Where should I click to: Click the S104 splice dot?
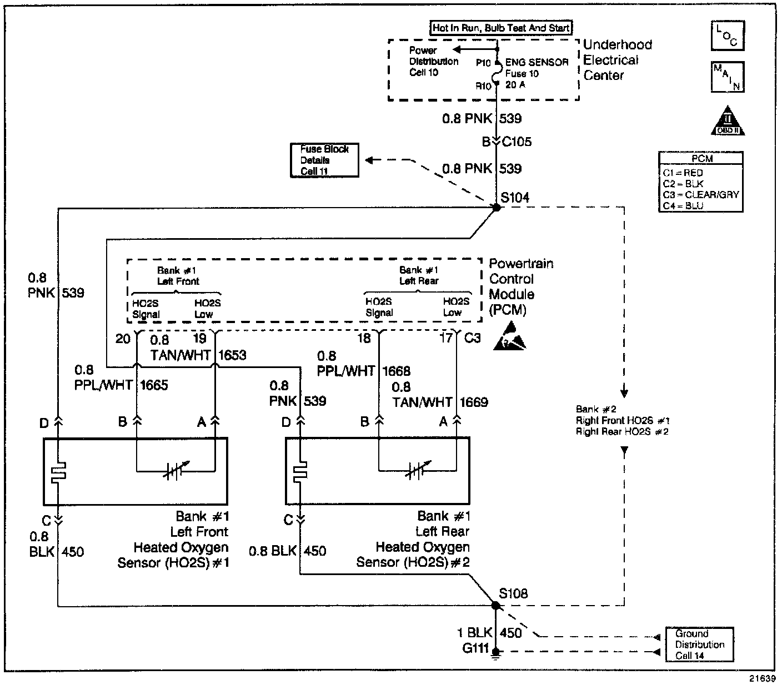(x=497, y=208)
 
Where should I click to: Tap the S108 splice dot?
(x=496, y=606)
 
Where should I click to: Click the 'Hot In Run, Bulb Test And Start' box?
(x=501, y=28)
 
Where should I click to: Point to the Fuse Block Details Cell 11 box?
(x=324, y=160)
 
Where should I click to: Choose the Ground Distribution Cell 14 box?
(x=700, y=644)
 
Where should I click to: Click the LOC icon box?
(x=728, y=36)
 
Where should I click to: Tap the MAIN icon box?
(x=728, y=77)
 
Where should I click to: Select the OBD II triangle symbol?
(x=728, y=120)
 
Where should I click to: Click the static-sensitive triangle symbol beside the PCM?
(x=509, y=336)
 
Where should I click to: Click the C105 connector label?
(x=517, y=142)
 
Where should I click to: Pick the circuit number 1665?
(x=154, y=385)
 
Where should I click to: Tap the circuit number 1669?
(x=474, y=402)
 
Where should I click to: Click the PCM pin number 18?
(x=364, y=339)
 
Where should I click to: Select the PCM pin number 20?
(x=123, y=339)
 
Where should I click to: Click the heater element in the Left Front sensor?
(x=58, y=472)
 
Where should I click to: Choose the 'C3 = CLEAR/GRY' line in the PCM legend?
(x=701, y=194)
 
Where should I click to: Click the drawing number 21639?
(x=763, y=678)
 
